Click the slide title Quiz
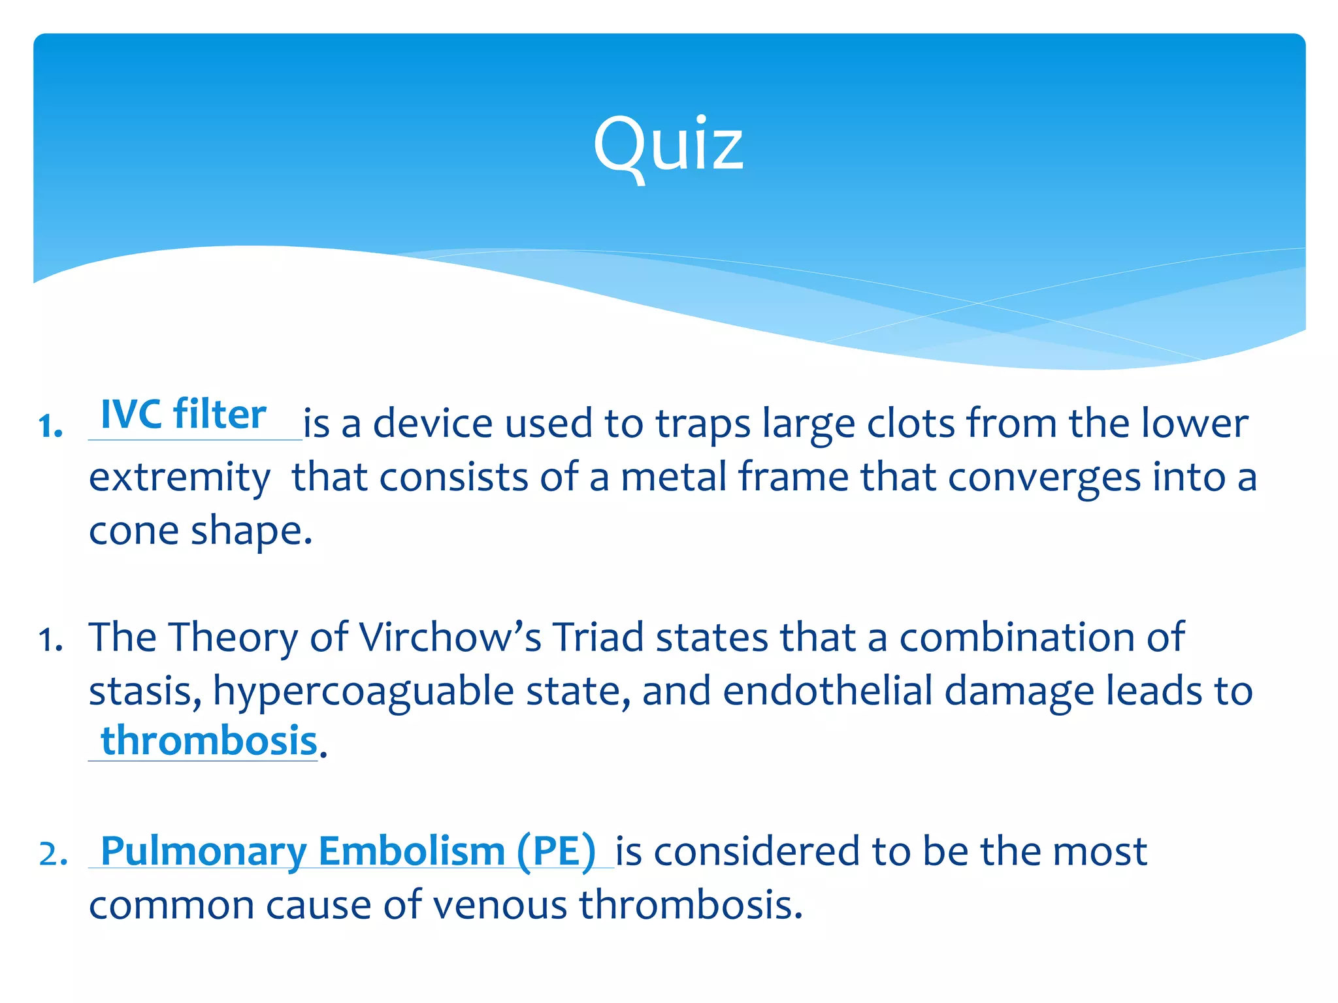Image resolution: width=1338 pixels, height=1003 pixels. pos(668,145)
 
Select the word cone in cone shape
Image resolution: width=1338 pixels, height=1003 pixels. pos(133,532)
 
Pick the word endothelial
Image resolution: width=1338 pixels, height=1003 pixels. pos(827,691)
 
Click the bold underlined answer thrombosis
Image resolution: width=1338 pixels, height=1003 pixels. pos(208,742)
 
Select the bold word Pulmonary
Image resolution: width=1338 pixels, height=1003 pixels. pos(203,852)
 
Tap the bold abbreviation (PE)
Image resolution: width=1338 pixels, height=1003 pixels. pos(556,852)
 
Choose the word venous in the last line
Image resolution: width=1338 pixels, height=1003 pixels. pos(500,906)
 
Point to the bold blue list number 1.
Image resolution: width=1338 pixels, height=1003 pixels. pos(50,427)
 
